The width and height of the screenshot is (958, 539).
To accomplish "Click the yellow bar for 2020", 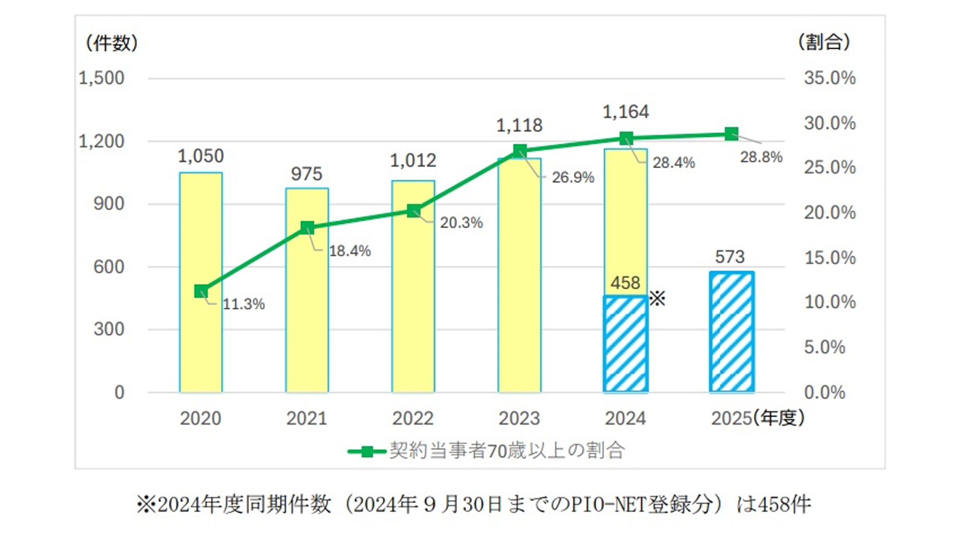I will coord(201,339).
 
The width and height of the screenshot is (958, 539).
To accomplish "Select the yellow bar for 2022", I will coord(413,309).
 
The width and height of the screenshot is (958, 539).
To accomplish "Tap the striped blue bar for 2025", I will coord(731,332).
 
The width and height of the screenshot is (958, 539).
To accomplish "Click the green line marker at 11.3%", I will coord(201,291).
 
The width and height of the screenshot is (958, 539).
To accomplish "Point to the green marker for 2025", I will coord(731,134).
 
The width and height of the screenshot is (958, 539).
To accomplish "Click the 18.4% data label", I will coord(350,251).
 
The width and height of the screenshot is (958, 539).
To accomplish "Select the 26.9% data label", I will coord(573,178).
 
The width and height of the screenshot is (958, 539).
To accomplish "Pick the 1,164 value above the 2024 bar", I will coord(626,112).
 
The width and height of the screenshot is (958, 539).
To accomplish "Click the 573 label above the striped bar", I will coord(729,257).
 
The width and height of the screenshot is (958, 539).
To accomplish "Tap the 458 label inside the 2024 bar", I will coord(625,283).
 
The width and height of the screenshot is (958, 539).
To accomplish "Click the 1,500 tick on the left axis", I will coord(101,78).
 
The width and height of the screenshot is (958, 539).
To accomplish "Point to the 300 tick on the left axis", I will coord(109,329).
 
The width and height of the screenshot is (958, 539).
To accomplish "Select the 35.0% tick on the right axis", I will coord(829,78).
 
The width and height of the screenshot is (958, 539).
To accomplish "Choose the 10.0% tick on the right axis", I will coord(829,302).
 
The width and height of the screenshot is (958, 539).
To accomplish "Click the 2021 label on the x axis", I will coord(306,418).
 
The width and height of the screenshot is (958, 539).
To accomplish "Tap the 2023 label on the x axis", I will coord(519,418).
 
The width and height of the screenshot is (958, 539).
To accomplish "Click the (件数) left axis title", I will coord(111,43).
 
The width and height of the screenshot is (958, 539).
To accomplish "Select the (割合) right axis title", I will coord(824,42).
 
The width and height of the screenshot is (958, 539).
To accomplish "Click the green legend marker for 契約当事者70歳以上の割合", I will coord(367,452).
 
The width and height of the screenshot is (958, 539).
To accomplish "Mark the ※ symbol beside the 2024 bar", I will coord(658,299).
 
